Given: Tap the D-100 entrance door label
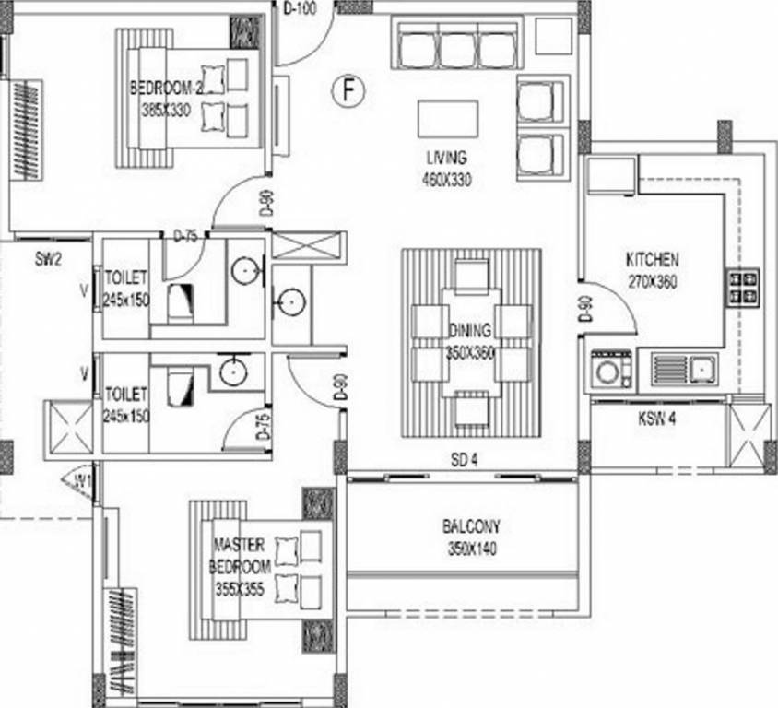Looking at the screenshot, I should pos(300,10).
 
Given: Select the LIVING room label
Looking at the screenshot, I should pos(447,157).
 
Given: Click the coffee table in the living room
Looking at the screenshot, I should pos(448,118).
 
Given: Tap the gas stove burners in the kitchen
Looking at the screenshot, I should pos(744,287).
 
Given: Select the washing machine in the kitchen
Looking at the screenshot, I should pos(610,371).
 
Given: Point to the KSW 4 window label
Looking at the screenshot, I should pos(657,419).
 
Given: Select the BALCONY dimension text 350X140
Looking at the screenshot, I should pos(470,546).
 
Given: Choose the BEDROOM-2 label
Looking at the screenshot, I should pos(165,88).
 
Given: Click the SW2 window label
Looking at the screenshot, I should pos(48,260).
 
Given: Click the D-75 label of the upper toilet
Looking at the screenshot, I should pos(187,236).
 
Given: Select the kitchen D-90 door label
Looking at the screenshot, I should pos(583,308).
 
